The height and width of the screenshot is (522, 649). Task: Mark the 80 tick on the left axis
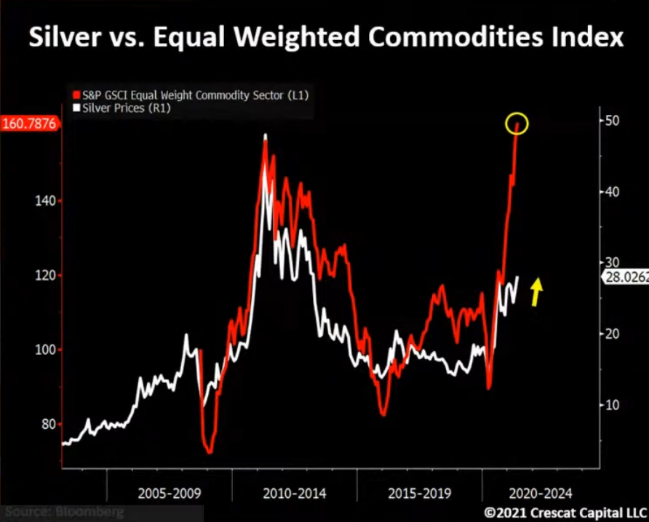(x=45, y=424)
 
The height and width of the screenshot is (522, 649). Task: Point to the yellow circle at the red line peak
(x=517, y=124)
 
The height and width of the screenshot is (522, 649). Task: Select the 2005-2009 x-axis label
(x=169, y=493)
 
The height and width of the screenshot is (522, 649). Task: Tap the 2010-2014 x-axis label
(x=294, y=493)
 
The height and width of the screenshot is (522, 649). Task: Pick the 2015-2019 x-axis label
(x=419, y=493)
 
